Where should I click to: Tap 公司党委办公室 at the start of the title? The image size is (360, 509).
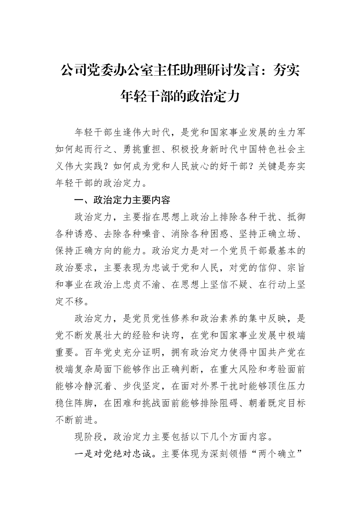(107, 70)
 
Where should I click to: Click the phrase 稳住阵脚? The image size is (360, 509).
(74, 403)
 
